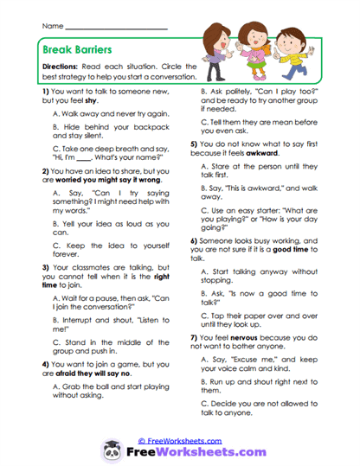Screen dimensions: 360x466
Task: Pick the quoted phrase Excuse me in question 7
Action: tap(249, 359)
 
